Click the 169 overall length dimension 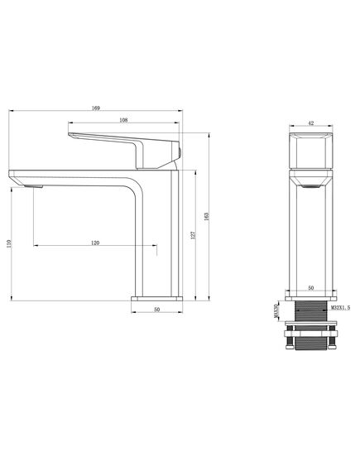pyautogui.click(x=96, y=108)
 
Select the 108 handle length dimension pyautogui.click(x=123, y=120)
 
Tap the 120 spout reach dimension pyautogui.click(x=95, y=243)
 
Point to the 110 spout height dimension pyautogui.click(x=9, y=243)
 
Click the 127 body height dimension pyautogui.click(x=193, y=235)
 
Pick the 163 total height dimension pyautogui.click(x=206, y=217)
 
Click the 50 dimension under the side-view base pyautogui.click(x=156, y=310)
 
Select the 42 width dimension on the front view pyautogui.click(x=311, y=123)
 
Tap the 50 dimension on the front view pyautogui.click(x=311, y=288)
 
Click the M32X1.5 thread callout pyautogui.click(x=340, y=308)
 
